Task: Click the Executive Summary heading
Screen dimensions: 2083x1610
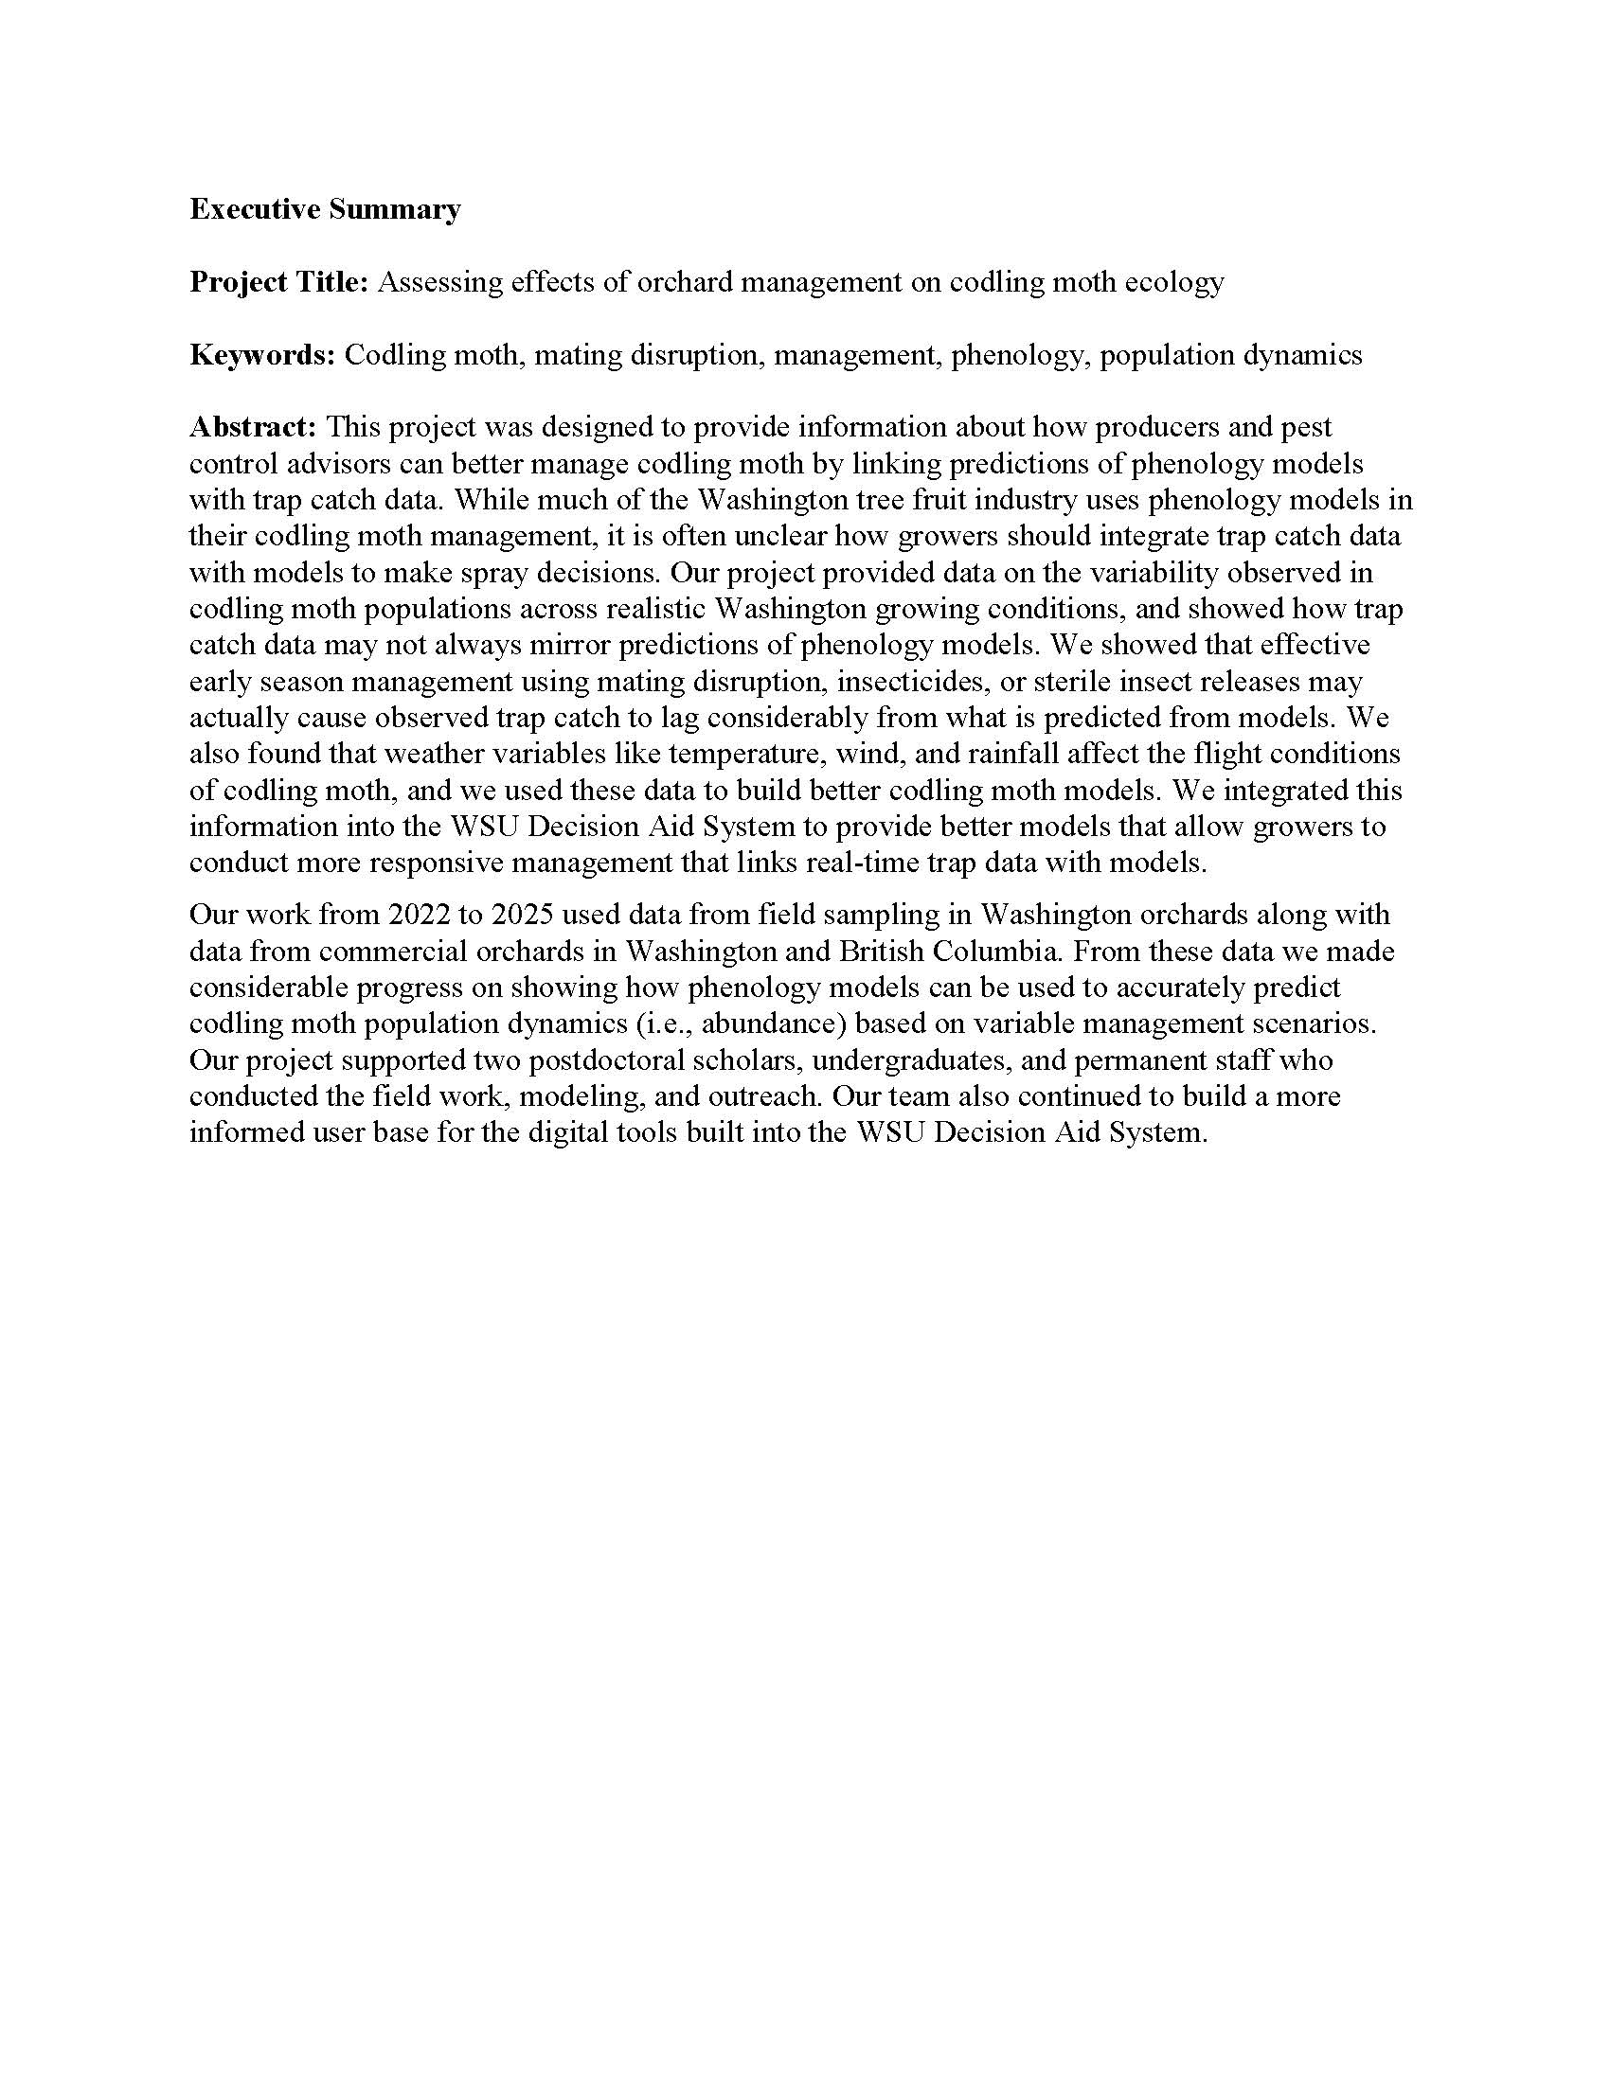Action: coord(324,209)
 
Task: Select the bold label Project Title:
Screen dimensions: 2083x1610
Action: coord(278,282)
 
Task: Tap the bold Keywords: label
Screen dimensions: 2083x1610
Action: coord(262,355)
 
